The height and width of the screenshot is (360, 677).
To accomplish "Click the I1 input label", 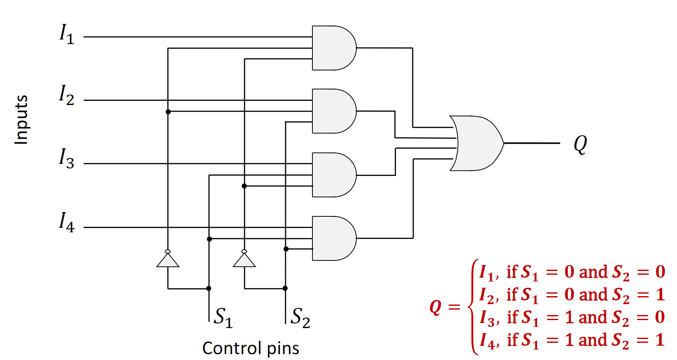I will (x=67, y=34).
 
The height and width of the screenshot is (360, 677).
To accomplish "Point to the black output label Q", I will (x=580, y=144).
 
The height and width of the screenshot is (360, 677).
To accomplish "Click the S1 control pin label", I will (x=223, y=317).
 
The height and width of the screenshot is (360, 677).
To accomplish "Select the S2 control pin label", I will (x=300, y=317).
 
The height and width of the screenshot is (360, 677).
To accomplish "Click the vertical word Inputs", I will (x=21, y=120).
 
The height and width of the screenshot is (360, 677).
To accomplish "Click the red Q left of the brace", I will (x=436, y=307).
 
